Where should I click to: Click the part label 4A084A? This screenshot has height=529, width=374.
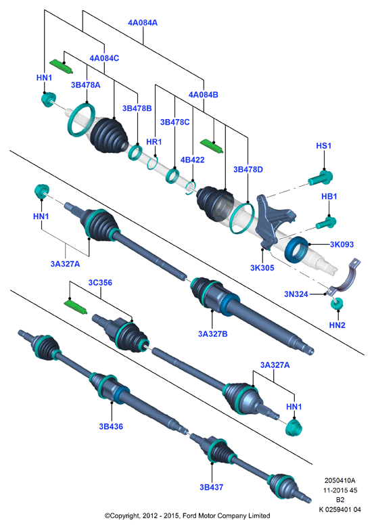143,23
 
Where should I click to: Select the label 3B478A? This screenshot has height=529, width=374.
86,85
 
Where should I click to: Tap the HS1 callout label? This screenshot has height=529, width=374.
324,145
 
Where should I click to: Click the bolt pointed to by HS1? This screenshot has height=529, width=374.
321,177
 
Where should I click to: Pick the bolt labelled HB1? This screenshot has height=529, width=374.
326,223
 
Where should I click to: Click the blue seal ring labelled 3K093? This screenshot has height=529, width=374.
296,250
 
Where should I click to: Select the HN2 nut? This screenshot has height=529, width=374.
337,303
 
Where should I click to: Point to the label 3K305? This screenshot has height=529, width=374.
262,268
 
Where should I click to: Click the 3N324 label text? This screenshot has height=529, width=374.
296,294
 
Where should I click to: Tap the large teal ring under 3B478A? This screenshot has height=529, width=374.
81,120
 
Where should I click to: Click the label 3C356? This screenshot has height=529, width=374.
100,283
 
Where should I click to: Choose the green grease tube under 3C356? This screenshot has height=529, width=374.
76,306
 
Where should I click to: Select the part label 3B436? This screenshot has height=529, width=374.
111,426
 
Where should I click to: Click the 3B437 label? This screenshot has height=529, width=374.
212,487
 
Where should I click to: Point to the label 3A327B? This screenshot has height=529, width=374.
213,334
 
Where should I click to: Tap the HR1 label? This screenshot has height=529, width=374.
154,142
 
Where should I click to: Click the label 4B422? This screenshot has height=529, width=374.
193,160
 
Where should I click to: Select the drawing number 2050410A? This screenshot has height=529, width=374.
340,480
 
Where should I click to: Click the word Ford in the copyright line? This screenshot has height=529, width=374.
191,516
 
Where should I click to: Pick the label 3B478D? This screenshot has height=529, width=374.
248,169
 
